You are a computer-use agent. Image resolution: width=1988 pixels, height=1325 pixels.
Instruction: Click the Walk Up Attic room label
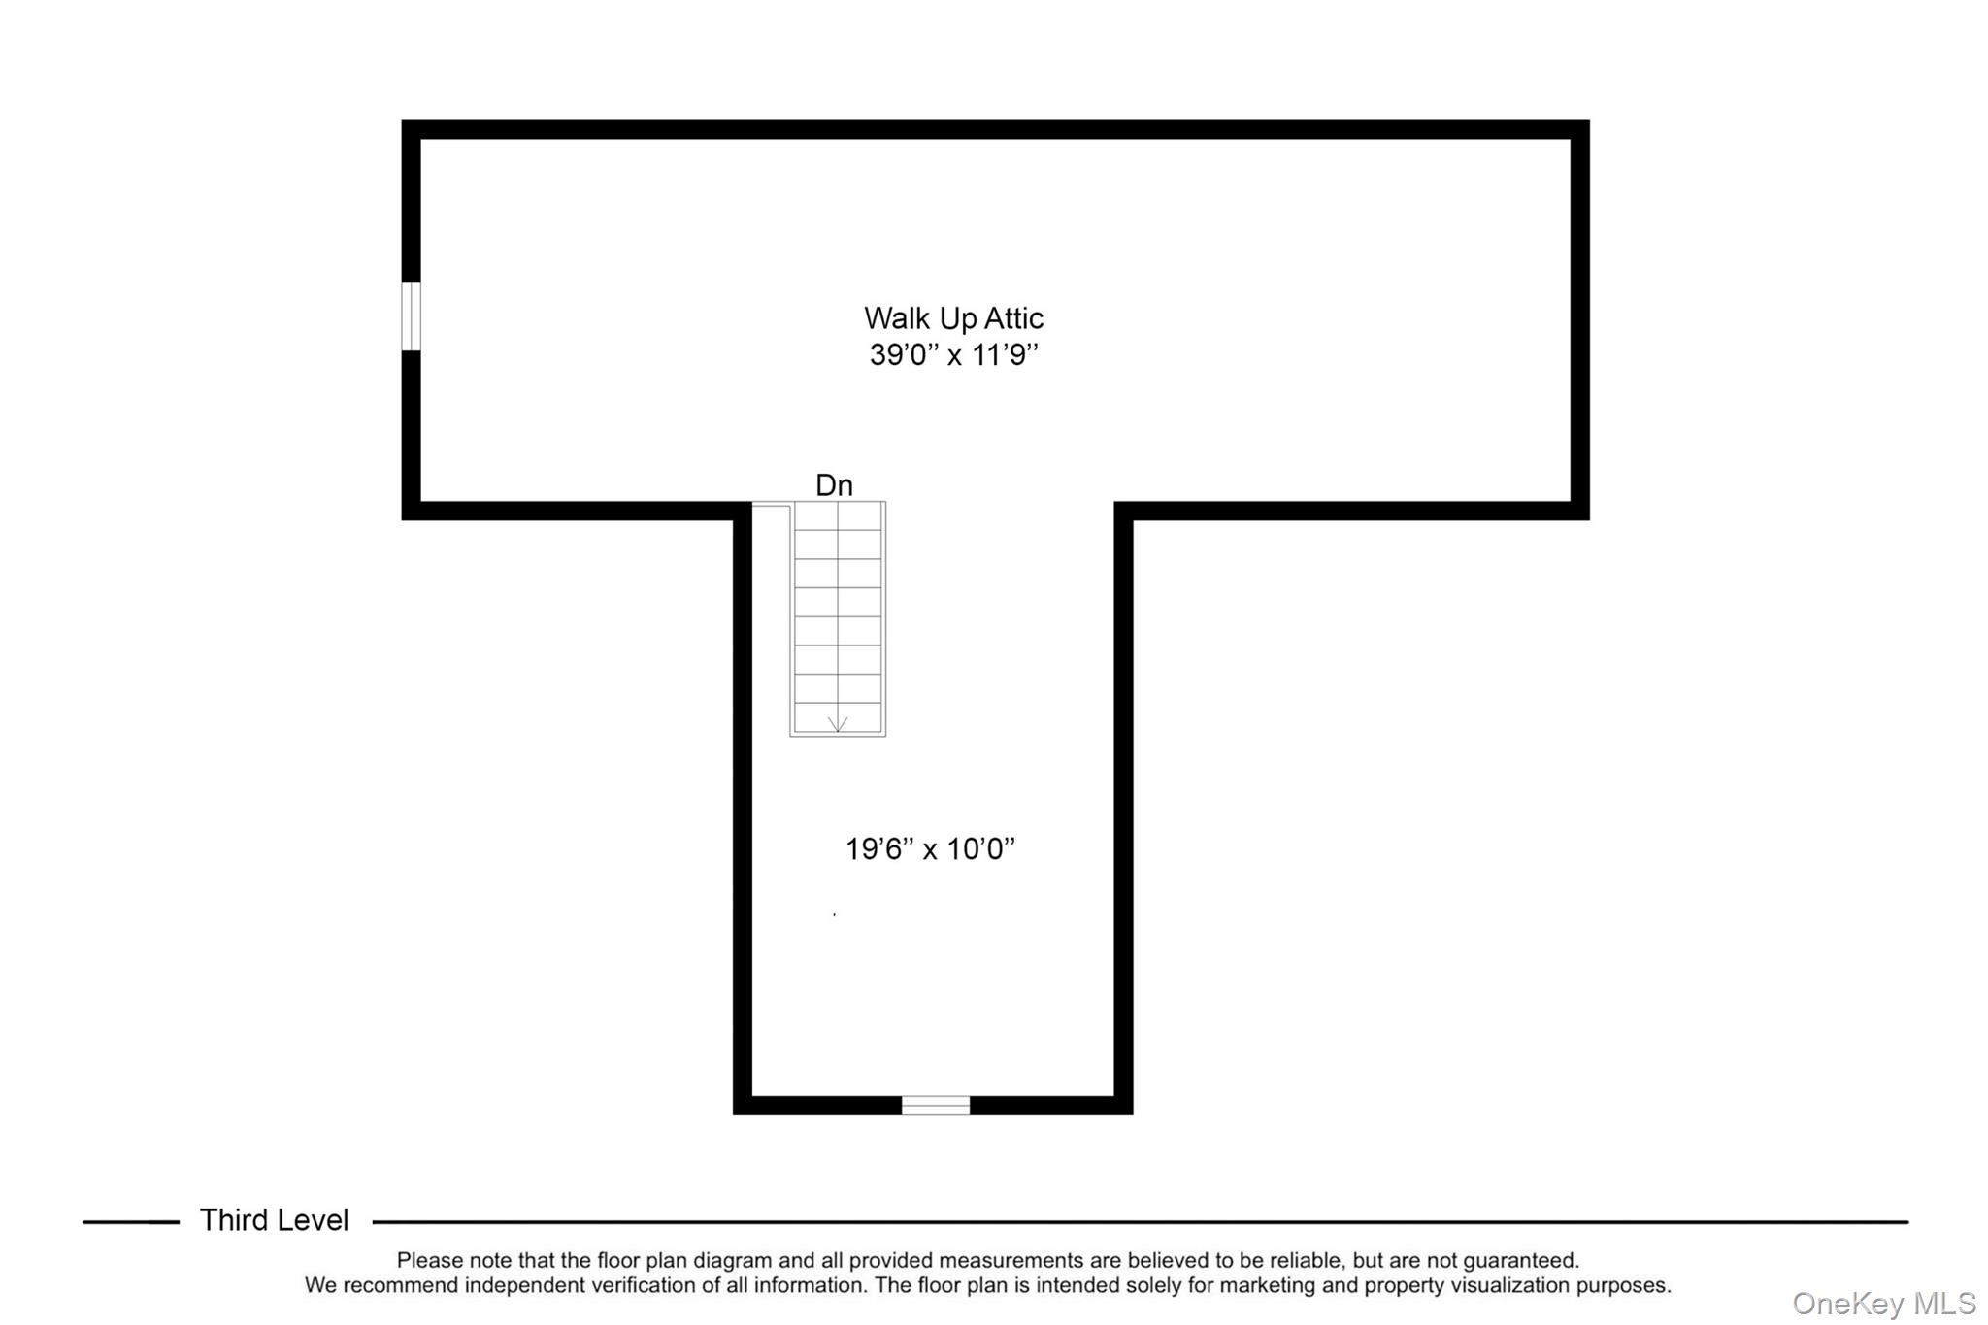pyautogui.click(x=953, y=318)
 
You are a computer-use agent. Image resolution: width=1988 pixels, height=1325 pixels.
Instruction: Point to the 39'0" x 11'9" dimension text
pyautogui.click(x=953, y=355)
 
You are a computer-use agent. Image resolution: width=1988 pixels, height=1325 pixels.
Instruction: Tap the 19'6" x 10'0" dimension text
pyautogui.click(x=930, y=849)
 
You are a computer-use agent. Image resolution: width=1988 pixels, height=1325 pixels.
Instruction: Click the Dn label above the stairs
pyautogui.click(x=834, y=485)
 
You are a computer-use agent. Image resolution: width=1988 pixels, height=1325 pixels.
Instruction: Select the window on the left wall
pyautogui.click(x=412, y=316)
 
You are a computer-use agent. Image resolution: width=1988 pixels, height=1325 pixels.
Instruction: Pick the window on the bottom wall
pyautogui.click(x=935, y=1105)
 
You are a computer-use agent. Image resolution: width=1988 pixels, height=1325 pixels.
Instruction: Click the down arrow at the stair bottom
pyautogui.click(x=838, y=723)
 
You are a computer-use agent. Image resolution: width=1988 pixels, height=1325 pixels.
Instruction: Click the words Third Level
pyautogui.click(x=274, y=1220)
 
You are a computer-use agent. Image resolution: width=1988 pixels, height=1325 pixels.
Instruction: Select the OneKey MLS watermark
pyautogui.click(x=1883, y=1303)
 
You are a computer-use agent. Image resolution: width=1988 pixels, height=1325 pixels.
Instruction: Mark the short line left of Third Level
pyautogui.click(x=131, y=1222)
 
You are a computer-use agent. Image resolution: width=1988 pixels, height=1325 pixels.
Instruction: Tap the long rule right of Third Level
pyautogui.click(x=1140, y=1222)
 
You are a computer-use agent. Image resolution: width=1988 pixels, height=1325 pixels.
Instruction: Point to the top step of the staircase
pyautogui.click(x=838, y=516)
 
